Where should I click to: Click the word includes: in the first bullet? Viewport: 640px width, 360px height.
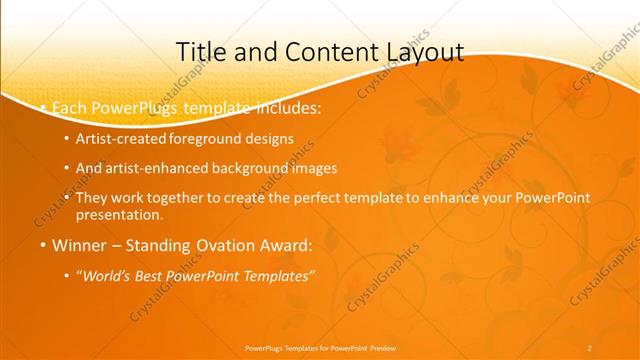pyautogui.click(x=289, y=105)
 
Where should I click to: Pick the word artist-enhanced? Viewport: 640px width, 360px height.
pyautogui.click(x=156, y=168)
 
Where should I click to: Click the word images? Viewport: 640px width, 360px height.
pyautogui.click(x=314, y=168)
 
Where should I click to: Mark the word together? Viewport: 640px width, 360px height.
pyautogui.click(x=169, y=198)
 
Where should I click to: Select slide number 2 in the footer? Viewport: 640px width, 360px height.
pyautogui.click(x=589, y=347)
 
